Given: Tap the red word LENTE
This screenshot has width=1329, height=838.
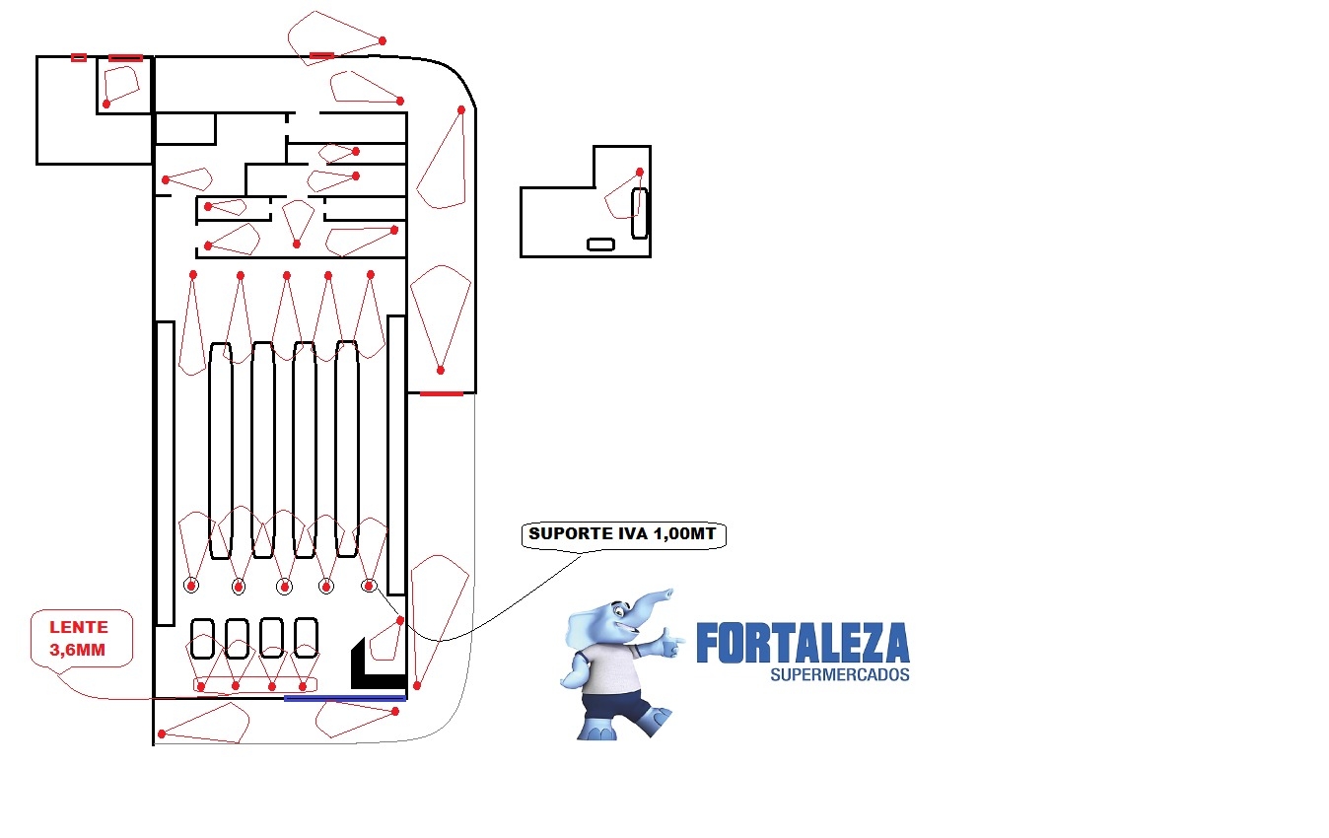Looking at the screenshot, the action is coord(79,627).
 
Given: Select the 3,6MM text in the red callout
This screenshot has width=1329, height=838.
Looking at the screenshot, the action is coord(78,650).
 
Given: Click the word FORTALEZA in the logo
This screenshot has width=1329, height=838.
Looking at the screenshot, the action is coord(803,643).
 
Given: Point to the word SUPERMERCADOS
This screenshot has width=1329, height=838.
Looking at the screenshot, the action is coord(840,674).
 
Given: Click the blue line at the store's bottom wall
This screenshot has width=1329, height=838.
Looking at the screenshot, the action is coord(345,699).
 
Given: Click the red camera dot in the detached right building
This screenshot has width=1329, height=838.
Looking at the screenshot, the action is coord(640,173).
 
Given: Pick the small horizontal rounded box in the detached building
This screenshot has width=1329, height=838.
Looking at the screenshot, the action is coord(600,244).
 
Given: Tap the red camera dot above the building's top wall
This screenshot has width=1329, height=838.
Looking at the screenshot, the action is coord(383,41).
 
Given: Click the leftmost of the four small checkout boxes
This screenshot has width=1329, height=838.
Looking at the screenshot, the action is coord(202,639).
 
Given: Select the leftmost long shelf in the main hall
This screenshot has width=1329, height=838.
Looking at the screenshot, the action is coord(221,451).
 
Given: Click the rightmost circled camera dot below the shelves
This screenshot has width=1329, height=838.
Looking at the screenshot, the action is coord(369,586).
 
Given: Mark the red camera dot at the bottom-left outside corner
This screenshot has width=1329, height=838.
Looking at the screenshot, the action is coord(162,734).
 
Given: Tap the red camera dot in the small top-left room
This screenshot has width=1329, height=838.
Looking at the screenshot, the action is coord(106,105).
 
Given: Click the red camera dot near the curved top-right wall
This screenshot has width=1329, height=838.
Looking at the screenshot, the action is coord(461,109).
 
